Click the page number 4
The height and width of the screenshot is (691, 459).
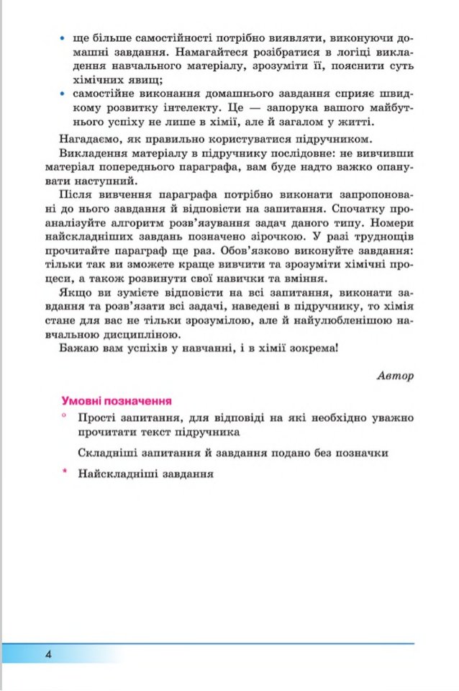click(47, 654)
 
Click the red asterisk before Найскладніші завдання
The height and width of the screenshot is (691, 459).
click(64, 472)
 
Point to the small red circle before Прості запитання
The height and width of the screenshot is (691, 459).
click(64, 416)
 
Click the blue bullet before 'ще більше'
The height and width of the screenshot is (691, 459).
click(64, 37)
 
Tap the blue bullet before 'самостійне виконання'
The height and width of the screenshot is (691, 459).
click(64, 94)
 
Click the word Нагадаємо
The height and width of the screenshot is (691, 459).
click(88, 138)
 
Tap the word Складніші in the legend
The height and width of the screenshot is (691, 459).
click(108, 453)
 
